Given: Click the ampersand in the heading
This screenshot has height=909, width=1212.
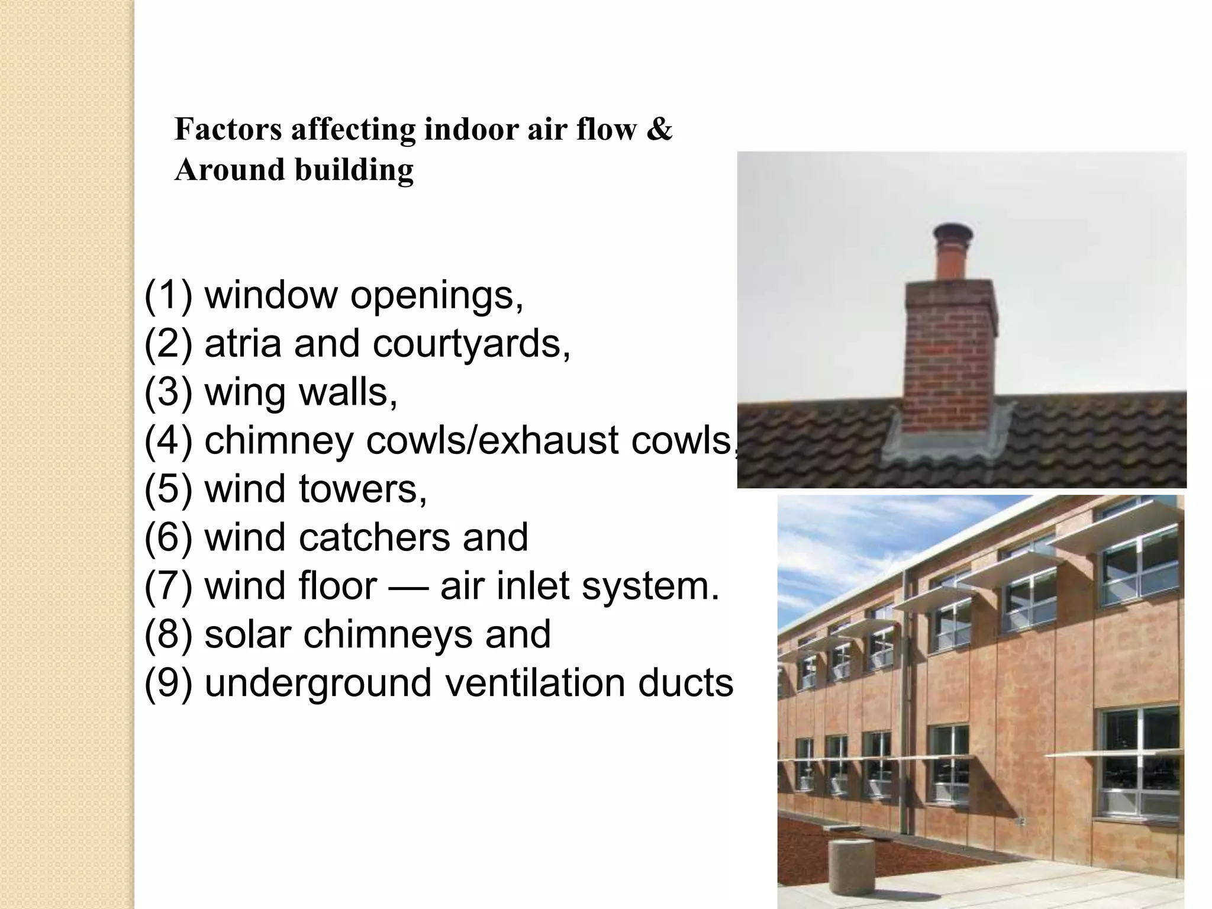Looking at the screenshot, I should click(660, 130).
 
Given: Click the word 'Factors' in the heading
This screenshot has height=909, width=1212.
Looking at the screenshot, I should click(228, 130).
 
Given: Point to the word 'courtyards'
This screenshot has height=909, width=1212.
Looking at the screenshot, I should click(471, 343).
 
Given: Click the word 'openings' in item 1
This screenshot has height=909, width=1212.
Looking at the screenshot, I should click(437, 296).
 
